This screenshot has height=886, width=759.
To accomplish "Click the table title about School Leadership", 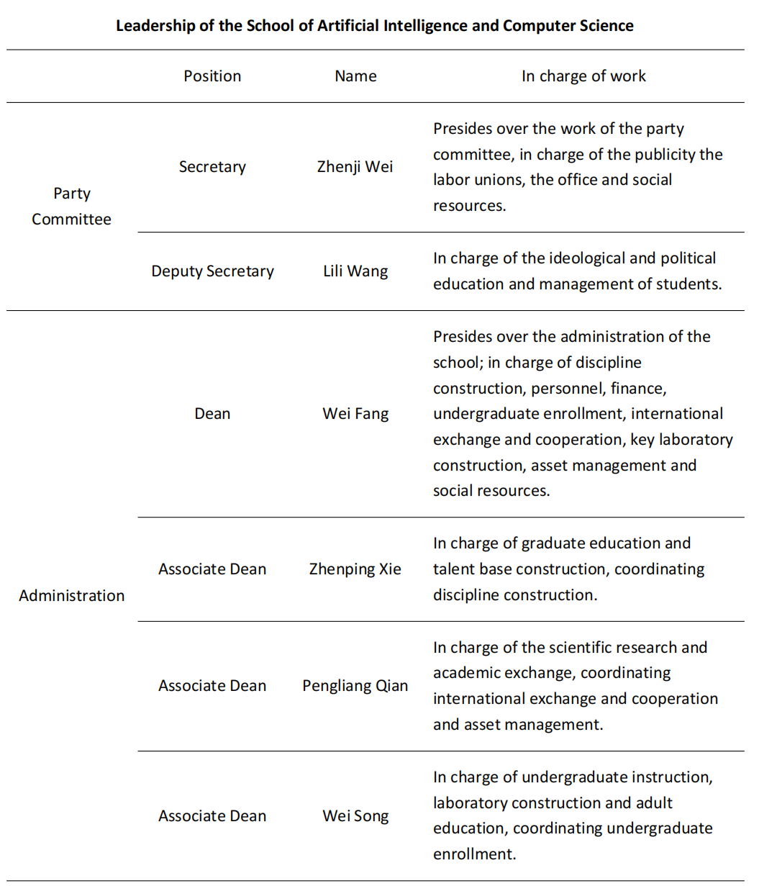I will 375,26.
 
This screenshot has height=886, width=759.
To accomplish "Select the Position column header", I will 212,76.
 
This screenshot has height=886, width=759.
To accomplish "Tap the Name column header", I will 355,76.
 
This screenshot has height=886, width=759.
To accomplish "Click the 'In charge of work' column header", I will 583,76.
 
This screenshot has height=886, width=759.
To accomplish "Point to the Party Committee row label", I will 71,207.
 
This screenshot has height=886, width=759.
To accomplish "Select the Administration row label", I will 71,595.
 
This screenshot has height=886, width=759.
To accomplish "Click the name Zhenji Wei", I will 355,167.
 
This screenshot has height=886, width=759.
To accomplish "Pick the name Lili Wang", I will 355,271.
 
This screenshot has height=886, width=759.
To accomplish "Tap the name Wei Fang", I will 355,414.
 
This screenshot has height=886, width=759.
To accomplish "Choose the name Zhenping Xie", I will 355,569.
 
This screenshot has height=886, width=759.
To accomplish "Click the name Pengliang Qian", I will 355,686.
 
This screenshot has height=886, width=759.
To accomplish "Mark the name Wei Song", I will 355,816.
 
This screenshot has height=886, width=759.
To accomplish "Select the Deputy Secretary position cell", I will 212,271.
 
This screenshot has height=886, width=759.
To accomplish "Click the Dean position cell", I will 212,414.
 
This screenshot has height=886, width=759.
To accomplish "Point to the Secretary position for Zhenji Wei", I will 212,167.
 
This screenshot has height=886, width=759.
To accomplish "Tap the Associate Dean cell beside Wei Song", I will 212,816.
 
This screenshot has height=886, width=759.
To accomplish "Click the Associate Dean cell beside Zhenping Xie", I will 212,569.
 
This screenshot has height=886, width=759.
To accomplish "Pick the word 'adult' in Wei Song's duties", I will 653,803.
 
